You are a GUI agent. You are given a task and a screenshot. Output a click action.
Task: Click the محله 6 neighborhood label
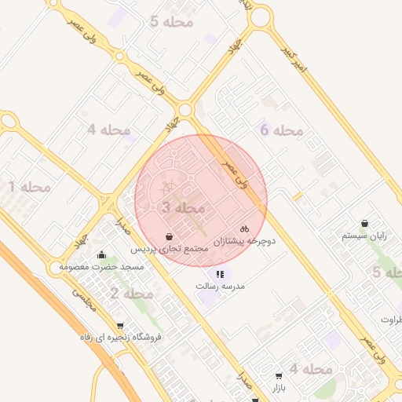(282, 130)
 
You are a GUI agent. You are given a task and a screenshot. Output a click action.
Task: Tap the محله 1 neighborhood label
(29, 187)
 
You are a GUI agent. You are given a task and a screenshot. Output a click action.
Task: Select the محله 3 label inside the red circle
(183, 208)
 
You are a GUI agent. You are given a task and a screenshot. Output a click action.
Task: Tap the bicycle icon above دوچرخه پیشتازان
(244, 228)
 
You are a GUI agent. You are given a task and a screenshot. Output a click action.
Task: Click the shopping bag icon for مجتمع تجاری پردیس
(170, 236)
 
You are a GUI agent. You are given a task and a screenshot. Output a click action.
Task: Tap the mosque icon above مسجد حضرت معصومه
(102, 254)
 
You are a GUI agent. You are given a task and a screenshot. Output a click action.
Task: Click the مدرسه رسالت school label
(221, 287)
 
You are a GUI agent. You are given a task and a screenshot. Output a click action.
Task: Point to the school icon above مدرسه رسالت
(220, 274)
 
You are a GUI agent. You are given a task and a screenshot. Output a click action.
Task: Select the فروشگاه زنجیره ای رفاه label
(120, 337)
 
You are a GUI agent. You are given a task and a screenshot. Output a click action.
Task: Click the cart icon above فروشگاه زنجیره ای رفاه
(119, 324)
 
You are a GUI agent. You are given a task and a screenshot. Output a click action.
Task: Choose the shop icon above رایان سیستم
(365, 222)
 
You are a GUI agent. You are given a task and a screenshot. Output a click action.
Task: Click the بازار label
(280, 388)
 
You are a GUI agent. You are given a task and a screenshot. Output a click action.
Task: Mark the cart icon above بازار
(280, 375)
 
